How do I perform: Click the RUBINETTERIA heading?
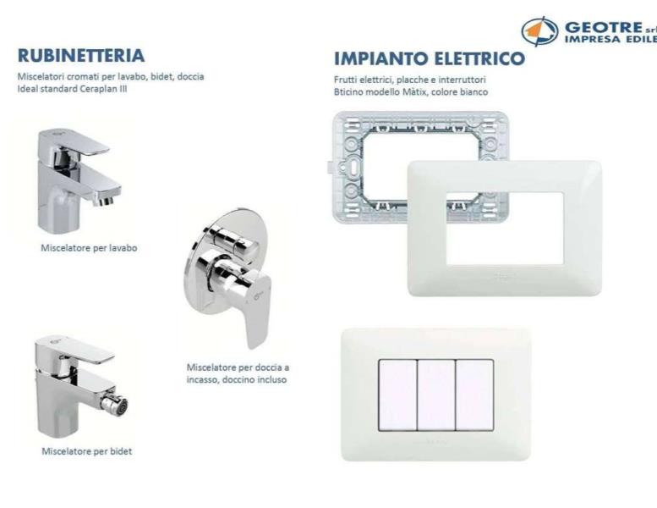(x=81, y=56)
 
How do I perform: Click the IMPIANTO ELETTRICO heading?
(x=430, y=58)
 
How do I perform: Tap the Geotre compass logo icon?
(x=539, y=31)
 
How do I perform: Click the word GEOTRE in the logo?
(x=604, y=28)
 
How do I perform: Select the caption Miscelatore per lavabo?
(x=89, y=248)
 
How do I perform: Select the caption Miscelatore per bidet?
(x=87, y=451)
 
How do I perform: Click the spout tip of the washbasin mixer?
(x=106, y=201)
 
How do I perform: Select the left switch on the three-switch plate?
(x=397, y=395)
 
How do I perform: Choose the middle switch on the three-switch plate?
(x=436, y=395)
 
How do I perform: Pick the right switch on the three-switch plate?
(x=474, y=395)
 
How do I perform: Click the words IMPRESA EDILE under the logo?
(x=610, y=39)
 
